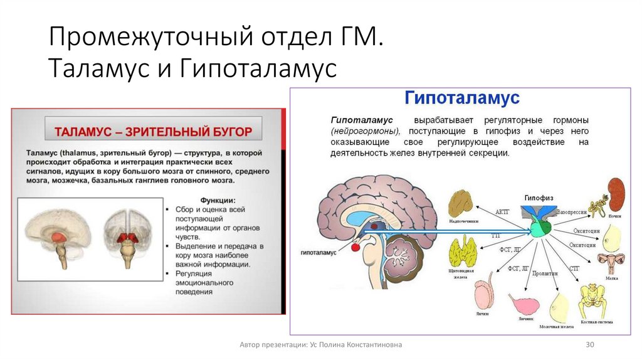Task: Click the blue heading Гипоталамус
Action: click(x=462, y=98)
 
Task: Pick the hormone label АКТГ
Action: click(x=502, y=211)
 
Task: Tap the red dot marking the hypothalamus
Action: click(x=355, y=247)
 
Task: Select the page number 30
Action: click(x=589, y=345)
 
